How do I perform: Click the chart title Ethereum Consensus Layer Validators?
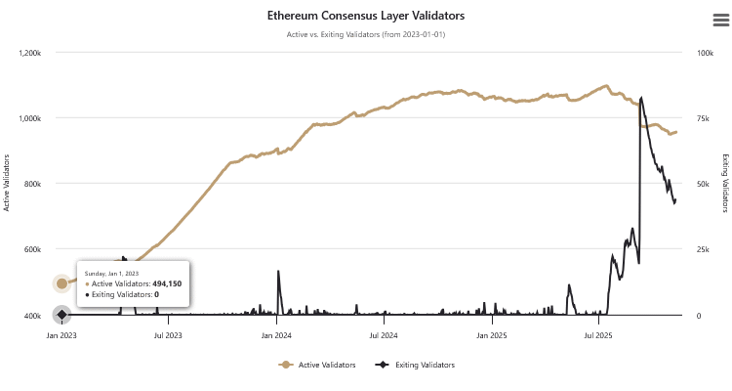pyautogui.click(x=366, y=17)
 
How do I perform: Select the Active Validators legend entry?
pyautogui.click(x=317, y=365)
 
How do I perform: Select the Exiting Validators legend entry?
pyautogui.click(x=417, y=365)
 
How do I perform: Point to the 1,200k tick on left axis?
pyautogui.click(x=29, y=52)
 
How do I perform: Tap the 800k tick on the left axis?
pyautogui.click(x=33, y=184)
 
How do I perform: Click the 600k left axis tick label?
pyautogui.click(x=33, y=249)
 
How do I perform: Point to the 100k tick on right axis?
pyautogui.click(x=705, y=52)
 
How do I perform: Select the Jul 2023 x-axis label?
pyautogui.click(x=168, y=335)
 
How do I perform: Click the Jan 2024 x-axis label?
pyautogui.click(x=277, y=335)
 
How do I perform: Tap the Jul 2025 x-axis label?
pyautogui.click(x=598, y=335)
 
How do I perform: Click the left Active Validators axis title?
pyautogui.click(x=8, y=183)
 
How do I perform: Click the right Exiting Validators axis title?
pyautogui.click(x=724, y=183)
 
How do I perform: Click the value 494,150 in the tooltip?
pyautogui.click(x=167, y=283)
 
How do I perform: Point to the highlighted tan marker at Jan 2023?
pyautogui.click(x=61, y=283)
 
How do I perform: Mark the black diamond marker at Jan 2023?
pyautogui.click(x=61, y=315)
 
